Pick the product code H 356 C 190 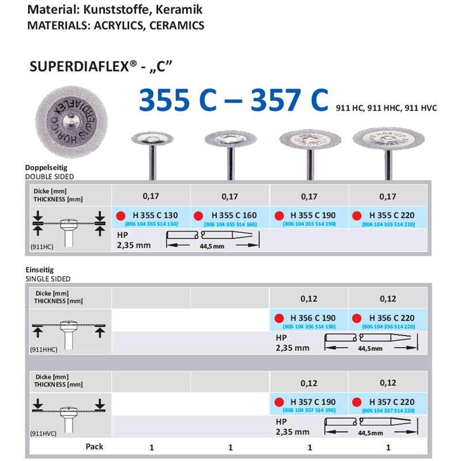[313, 318]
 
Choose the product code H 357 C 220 [392, 402]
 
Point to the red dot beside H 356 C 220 [357, 318]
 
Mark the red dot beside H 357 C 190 [278, 402]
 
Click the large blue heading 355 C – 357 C [233, 100]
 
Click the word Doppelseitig [44, 169]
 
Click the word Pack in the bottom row [95, 447]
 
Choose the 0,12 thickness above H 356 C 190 [309, 298]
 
